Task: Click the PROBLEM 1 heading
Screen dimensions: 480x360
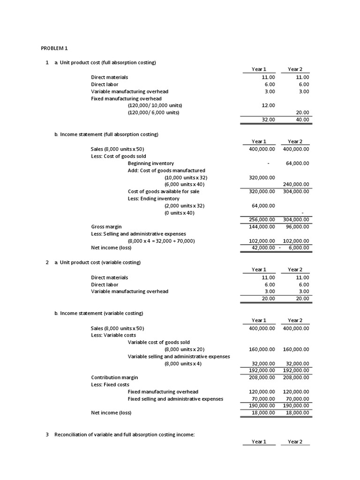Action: pyautogui.click(x=54, y=48)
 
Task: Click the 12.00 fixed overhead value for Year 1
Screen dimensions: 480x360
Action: pyautogui.click(x=268, y=105)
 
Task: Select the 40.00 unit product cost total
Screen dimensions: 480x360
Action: pyautogui.click(x=303, y=120)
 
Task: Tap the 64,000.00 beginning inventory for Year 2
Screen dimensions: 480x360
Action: pyautogui.click(x=296, y=163)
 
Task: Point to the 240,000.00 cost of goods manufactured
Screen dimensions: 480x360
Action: pyautogui.click(x=296, y=185)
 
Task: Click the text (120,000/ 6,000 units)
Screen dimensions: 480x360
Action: pyautogui.click(x=153, y=112)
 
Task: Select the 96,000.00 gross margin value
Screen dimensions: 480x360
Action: pyautogui.click(x=298, y=227)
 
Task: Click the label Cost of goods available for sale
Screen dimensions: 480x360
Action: pyautogui.click(x=164, y=192)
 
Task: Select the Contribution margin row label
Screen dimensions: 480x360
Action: pyautogui.click(x=114, y=377)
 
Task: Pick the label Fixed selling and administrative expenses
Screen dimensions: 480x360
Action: pyautogui.click(x=175, y=399)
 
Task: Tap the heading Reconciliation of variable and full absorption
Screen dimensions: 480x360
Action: pyautogui.click(x=124, y=435)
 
